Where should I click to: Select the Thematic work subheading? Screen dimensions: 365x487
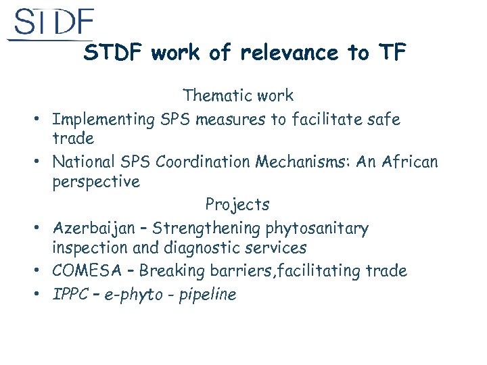coord(238,96)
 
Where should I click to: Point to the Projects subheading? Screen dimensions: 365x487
coord(237,204)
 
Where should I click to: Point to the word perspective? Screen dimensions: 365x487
coord(96,182)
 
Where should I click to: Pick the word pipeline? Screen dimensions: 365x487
coord(208,295)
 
